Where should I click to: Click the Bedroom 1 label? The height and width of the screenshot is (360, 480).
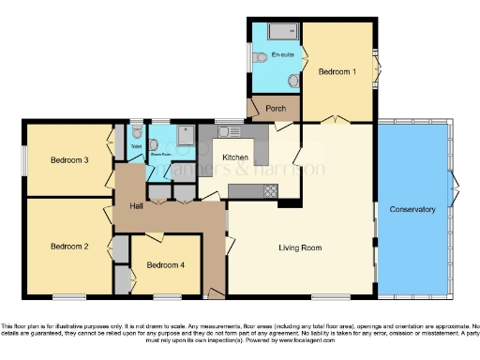[337, 71]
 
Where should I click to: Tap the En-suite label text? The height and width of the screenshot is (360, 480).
[282, 56]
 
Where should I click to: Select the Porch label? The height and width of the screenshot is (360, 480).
[276, 109]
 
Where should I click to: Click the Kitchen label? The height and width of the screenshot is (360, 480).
[234, 157]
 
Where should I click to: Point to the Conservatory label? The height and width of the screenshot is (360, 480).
[412, 209]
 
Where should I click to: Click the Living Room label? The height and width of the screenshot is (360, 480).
[300, 247]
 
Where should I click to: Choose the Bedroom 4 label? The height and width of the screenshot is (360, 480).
[165, 265]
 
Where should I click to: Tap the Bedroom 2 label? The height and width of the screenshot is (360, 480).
[69, 247]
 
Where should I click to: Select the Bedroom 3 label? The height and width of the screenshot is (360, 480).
[69, 160]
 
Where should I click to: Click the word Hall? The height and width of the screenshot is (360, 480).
[136, 205]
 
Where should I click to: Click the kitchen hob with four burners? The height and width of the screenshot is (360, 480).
[270, 191]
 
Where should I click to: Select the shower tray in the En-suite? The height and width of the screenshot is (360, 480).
[281, 32]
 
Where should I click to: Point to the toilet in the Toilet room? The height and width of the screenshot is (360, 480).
[137, 132]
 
